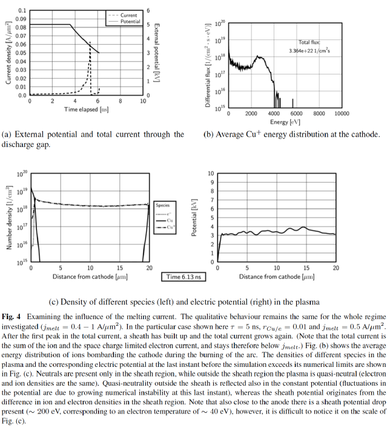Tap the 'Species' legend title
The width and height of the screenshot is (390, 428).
point(162,206)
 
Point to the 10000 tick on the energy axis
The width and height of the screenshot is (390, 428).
point(342,113)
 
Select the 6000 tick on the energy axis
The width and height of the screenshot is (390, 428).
point(297,113)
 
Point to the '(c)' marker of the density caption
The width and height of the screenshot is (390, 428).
point(54,301)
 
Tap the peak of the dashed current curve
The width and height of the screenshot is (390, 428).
point(90,41)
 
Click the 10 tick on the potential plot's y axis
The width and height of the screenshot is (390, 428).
point(211,173)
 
